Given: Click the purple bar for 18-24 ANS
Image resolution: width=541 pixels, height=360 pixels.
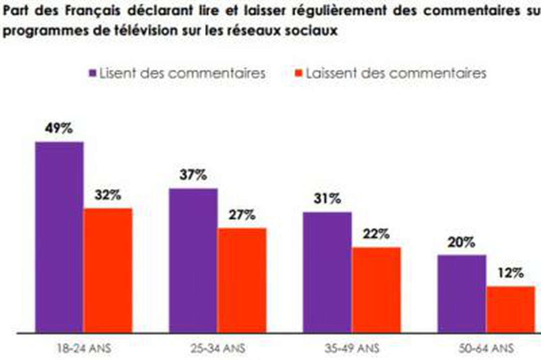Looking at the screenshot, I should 59,237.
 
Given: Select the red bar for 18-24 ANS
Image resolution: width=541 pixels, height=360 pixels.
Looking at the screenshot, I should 108,270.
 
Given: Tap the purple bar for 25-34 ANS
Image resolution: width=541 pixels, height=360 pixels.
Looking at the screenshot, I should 193,260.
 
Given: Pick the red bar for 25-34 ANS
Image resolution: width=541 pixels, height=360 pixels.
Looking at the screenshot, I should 242,280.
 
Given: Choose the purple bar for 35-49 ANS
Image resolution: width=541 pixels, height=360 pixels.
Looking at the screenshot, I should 327,272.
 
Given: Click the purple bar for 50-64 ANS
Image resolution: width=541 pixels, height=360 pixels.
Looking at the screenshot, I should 462,294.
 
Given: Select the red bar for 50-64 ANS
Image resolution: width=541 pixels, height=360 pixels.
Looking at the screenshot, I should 511,309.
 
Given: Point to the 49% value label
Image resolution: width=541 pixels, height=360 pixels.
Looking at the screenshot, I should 59,128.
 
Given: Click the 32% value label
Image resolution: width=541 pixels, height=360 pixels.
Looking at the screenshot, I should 108,195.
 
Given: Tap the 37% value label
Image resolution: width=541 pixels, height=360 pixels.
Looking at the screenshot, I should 193,175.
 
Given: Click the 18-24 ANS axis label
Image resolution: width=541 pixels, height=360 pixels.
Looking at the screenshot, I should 84,348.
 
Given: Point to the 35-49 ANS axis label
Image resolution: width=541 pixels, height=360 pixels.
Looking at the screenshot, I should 352,348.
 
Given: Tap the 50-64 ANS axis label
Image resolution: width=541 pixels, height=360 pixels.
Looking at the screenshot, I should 486,348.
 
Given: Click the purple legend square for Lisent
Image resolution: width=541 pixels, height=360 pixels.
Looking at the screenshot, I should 93,73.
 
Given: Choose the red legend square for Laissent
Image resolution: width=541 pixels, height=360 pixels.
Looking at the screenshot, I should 298,73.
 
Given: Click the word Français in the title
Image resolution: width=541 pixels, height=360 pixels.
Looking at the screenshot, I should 92,11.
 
